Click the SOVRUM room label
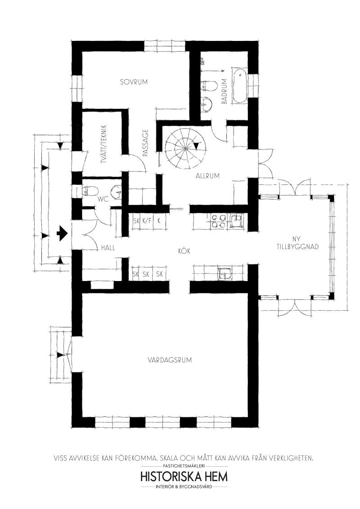134,82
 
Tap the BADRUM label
224,91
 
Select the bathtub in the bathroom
240,86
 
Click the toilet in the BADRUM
209,86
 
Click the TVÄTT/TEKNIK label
104,144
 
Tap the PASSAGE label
145,143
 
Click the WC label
103,199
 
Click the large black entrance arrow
62,233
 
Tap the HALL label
108,248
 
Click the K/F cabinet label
147,221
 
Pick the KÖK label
184,251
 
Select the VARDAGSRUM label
169,360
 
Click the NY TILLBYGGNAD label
297,243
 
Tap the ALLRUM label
207,176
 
